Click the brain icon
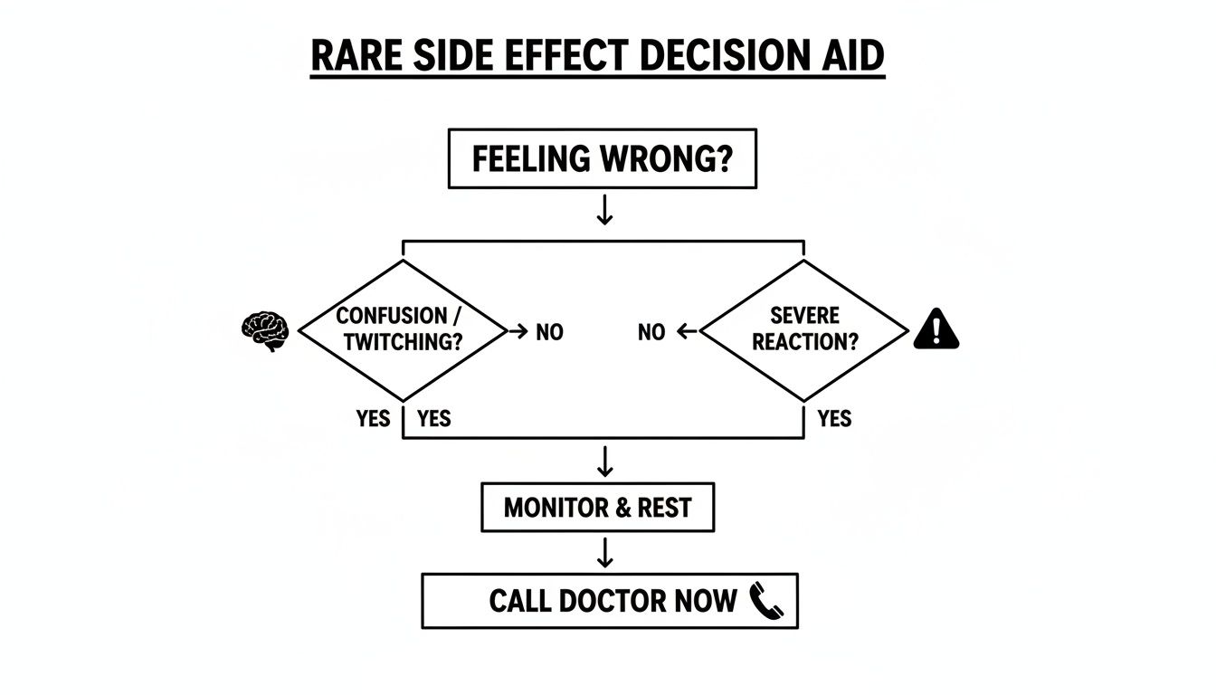pyautogui.click(x=265, y=332)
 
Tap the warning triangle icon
pyautogui.click(x=936, y=329)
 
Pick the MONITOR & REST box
pyautogui.click(x=597, y=508)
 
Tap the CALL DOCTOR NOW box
pyautogui.click(x=610, y=601)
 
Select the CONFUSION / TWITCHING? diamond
pyautogui.click(x=403, y=331)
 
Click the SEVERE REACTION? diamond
pyautogui.click(x=804, y=331)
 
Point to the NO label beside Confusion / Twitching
pyautogui.click(x=549, y=333)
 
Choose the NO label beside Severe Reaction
pyautogui.click(x=651, y=333)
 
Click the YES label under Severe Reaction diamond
pyautogui.click(x=834, y=419)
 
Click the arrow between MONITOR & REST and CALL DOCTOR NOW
pyautogui.click(x=605, y=552)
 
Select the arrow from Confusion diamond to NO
pyautogui.click(x=518, y=332)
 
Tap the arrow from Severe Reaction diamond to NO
pyautogui.click(x=687, y=332)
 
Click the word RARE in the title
pyautogui.click(x=354, y=56)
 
